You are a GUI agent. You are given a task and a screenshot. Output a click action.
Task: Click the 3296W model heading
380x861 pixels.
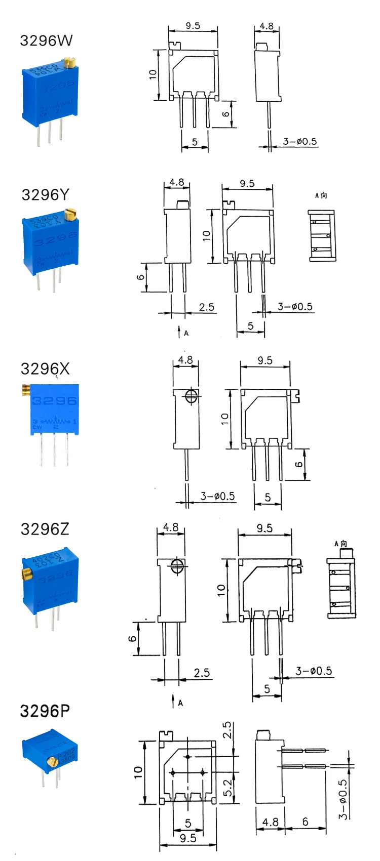(x=46, y=40)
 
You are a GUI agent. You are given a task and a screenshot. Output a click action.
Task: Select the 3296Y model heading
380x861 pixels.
(x=45, y=194)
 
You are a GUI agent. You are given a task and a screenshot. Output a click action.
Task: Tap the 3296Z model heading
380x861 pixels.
(x=45, y=529)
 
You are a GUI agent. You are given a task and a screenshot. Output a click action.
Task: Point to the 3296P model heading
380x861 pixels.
(x=45, y=711)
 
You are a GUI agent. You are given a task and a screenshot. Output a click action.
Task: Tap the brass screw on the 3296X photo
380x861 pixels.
(x=25, y=389)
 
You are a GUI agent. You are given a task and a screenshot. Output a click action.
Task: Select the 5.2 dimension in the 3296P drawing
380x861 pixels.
(x=227, y=788)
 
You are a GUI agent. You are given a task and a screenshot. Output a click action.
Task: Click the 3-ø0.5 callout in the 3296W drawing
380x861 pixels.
(x=299, y=141)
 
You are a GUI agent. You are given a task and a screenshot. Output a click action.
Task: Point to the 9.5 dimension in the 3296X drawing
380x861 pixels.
(x=264, y=360)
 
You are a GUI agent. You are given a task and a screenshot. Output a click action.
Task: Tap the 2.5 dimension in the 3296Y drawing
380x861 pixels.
(x=206, y=307)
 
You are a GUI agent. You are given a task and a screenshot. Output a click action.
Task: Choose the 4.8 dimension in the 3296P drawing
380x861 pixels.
(x=270, y=822)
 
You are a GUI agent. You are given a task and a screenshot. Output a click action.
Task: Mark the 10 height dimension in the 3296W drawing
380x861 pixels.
(x=153, y=74)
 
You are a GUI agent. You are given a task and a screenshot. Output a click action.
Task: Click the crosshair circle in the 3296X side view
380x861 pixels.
(x=191, y=396)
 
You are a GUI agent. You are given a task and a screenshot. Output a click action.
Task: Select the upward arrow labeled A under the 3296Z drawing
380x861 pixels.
(x=173, y=702)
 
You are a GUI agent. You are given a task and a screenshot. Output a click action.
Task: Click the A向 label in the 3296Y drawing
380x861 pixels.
(x=321, y=195)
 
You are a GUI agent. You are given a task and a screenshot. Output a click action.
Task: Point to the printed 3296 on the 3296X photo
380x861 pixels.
(x=54, y=401)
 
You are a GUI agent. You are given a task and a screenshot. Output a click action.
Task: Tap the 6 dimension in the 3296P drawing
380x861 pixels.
(x=305, y=821)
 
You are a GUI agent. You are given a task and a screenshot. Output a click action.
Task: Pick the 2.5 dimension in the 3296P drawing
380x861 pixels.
(x=227, y=731)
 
